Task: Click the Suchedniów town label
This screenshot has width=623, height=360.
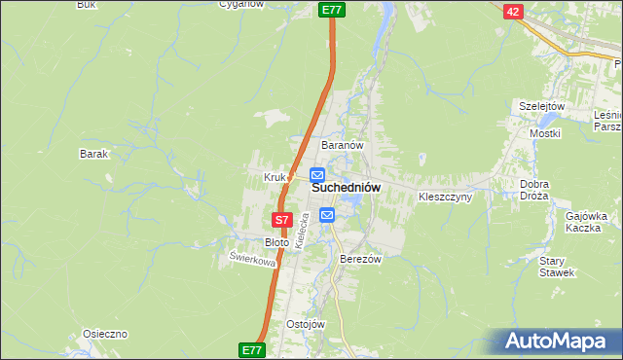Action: [346, 187]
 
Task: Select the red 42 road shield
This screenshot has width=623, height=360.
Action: [514, 11]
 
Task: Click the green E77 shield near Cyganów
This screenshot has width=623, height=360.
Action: [332, 10]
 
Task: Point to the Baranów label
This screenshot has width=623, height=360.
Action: [343, 145]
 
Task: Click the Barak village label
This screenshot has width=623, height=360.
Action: [93, 154]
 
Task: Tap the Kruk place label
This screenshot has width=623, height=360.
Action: [274, 177]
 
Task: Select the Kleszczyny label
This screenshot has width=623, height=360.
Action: [445, 197]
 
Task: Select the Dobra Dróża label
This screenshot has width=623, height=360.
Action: [534, 190]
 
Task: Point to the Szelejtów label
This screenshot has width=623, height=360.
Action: [542, 106]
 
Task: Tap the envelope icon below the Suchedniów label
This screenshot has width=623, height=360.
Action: [327, 214]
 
